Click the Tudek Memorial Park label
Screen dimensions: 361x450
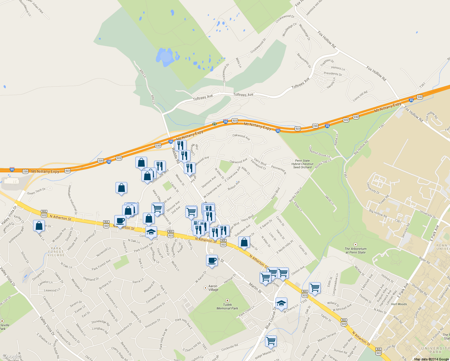tap(227, 306)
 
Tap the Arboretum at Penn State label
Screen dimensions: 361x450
tap(356, 251)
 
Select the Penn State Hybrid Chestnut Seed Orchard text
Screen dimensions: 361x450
tap(302, 164)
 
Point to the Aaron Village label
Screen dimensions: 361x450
tap(213, 288)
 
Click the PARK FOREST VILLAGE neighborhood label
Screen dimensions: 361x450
tap(56, 252)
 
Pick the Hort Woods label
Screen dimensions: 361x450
tap(399, 304)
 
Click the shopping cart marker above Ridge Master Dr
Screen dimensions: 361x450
tap(271, 341)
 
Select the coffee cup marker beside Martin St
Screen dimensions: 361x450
tap(212, 260)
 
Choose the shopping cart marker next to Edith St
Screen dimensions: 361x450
tap(315, 288)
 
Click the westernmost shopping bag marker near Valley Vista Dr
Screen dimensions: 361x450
tap(39, 226)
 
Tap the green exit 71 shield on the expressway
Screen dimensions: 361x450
tap(214, 124)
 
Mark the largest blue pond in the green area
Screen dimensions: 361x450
tap(165, 57)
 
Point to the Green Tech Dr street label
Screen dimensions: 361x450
tap(36, 192)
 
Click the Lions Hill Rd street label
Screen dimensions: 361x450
tap(360, 96)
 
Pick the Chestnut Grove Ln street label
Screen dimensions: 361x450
tap(319, 152)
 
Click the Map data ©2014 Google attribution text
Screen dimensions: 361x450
tap(431, 359)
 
